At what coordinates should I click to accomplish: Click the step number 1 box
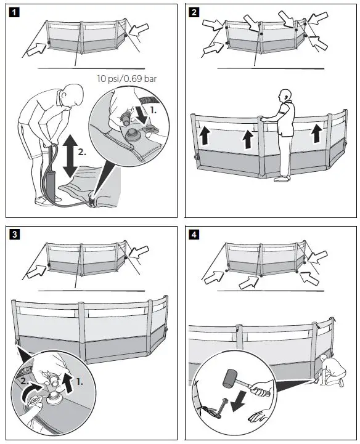point(14,12)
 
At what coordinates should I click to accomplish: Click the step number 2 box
point(194,12)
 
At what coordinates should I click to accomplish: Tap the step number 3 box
point(14,235)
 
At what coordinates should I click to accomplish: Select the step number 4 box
point(194,235)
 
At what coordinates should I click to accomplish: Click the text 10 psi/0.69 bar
point(127,78)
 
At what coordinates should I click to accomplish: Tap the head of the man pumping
point(73,95)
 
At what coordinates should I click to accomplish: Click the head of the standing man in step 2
point(285,96)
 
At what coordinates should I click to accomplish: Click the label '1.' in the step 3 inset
point(80,382)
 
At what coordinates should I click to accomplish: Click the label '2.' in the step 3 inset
point(25,381)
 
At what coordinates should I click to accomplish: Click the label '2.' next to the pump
point(82,152)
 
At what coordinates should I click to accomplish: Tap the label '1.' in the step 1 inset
point(153,111)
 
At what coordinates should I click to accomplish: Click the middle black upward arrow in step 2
point(248,139)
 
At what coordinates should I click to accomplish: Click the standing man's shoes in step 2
point(282,179)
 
